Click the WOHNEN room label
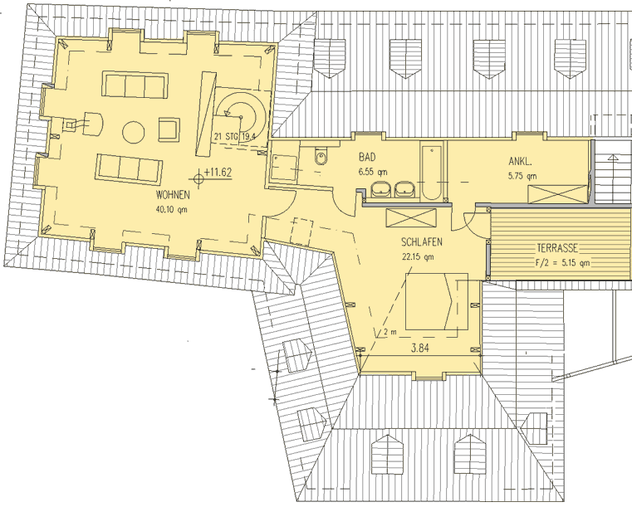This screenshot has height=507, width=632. (173, 195)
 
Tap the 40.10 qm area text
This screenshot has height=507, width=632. (171, 210)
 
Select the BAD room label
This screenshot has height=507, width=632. (367, 156)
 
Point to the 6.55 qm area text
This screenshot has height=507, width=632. (373, 172)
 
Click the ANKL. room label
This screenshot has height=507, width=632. (520, 162)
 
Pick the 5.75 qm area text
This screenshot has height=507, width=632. (522, 176)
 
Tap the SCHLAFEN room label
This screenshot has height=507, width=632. (422, 242)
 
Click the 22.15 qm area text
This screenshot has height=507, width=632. (418, 256)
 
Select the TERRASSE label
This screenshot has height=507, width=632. (557, 248)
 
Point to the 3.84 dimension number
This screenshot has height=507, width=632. (420, 348)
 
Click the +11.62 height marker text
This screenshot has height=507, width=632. (218, 173)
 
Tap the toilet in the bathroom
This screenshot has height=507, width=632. (321, 155)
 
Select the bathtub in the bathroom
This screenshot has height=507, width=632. (432, 172)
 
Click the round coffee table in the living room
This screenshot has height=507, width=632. (134, 132)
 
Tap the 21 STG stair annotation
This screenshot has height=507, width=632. (226, 137)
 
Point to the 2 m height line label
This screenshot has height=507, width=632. (390, 332)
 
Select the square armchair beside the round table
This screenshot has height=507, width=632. (169, 129)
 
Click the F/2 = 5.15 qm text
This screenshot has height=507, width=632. (563, 263)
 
